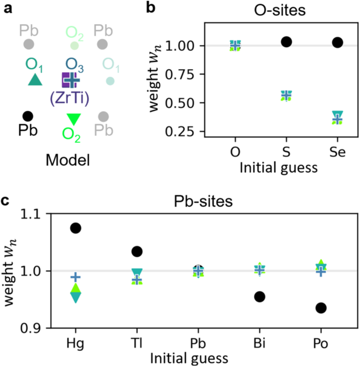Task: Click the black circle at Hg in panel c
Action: pyautogui.click(x=76, y=228)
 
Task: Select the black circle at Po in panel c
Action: pyautogui.click(x=321, y=308)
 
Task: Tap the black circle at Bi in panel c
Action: pyautogui.click(x=259, y=297)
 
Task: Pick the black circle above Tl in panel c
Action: pyautogui.click(x=137, y=251)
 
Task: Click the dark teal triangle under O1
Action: pyautogui.click(x=35, y=80)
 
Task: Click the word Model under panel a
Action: pyautogui.click(x=67, y=160)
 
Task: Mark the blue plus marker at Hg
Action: pyautogui.click(x=76, y=277)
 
